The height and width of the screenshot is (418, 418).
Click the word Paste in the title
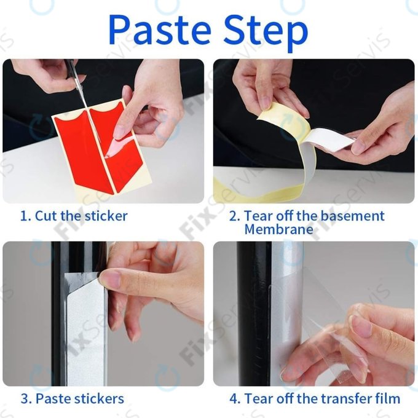click(x=160, y=30)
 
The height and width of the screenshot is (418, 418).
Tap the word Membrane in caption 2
click(x=279, y=229)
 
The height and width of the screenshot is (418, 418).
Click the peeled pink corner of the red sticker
click(x=117, y=145)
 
